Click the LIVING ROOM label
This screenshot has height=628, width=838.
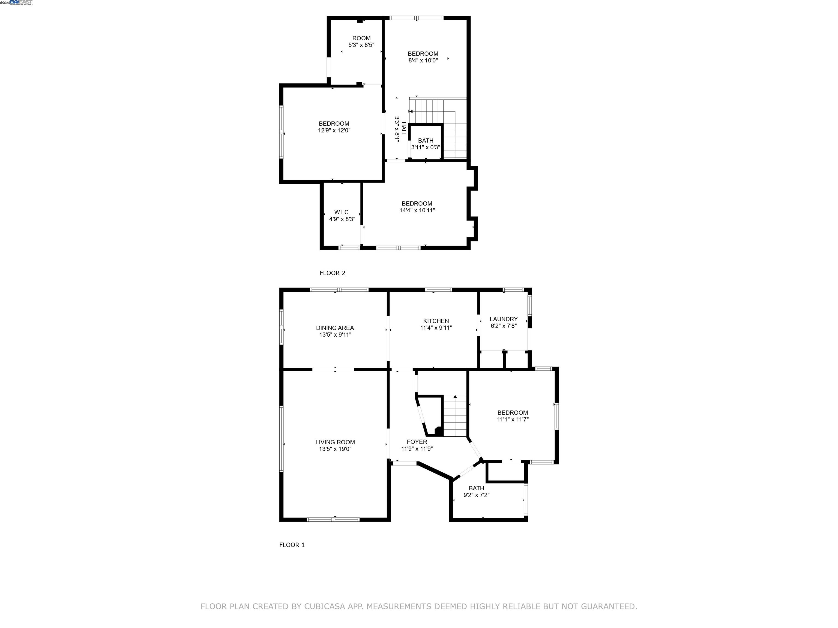tap(335, 442)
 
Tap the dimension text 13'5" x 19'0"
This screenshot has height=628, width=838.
tap(335, 449)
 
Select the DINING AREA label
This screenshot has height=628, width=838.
tap(335, 328)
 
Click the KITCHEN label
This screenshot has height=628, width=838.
tap(436, 321)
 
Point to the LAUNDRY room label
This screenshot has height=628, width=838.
tap(504, 319)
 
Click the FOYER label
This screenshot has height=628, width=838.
tap(417, 442)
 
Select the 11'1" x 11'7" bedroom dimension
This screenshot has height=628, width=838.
tap(513, 419)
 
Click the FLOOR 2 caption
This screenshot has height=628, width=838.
tap(332, 273)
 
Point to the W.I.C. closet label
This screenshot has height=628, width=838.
tap(342, 212)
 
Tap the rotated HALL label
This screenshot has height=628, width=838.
tap(404, 129)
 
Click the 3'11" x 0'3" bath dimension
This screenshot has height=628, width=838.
tap(426, 147)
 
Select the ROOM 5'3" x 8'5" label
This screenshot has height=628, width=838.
tap(361, 38)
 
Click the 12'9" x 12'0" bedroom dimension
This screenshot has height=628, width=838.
tap(334, 131)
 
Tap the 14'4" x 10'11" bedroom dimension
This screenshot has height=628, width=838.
tap(417, 210)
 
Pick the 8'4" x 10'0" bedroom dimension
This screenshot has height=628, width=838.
tap(423, 61)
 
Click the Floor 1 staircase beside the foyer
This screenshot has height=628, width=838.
tap(455, 416)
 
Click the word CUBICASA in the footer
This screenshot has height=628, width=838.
tap(324, 606)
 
